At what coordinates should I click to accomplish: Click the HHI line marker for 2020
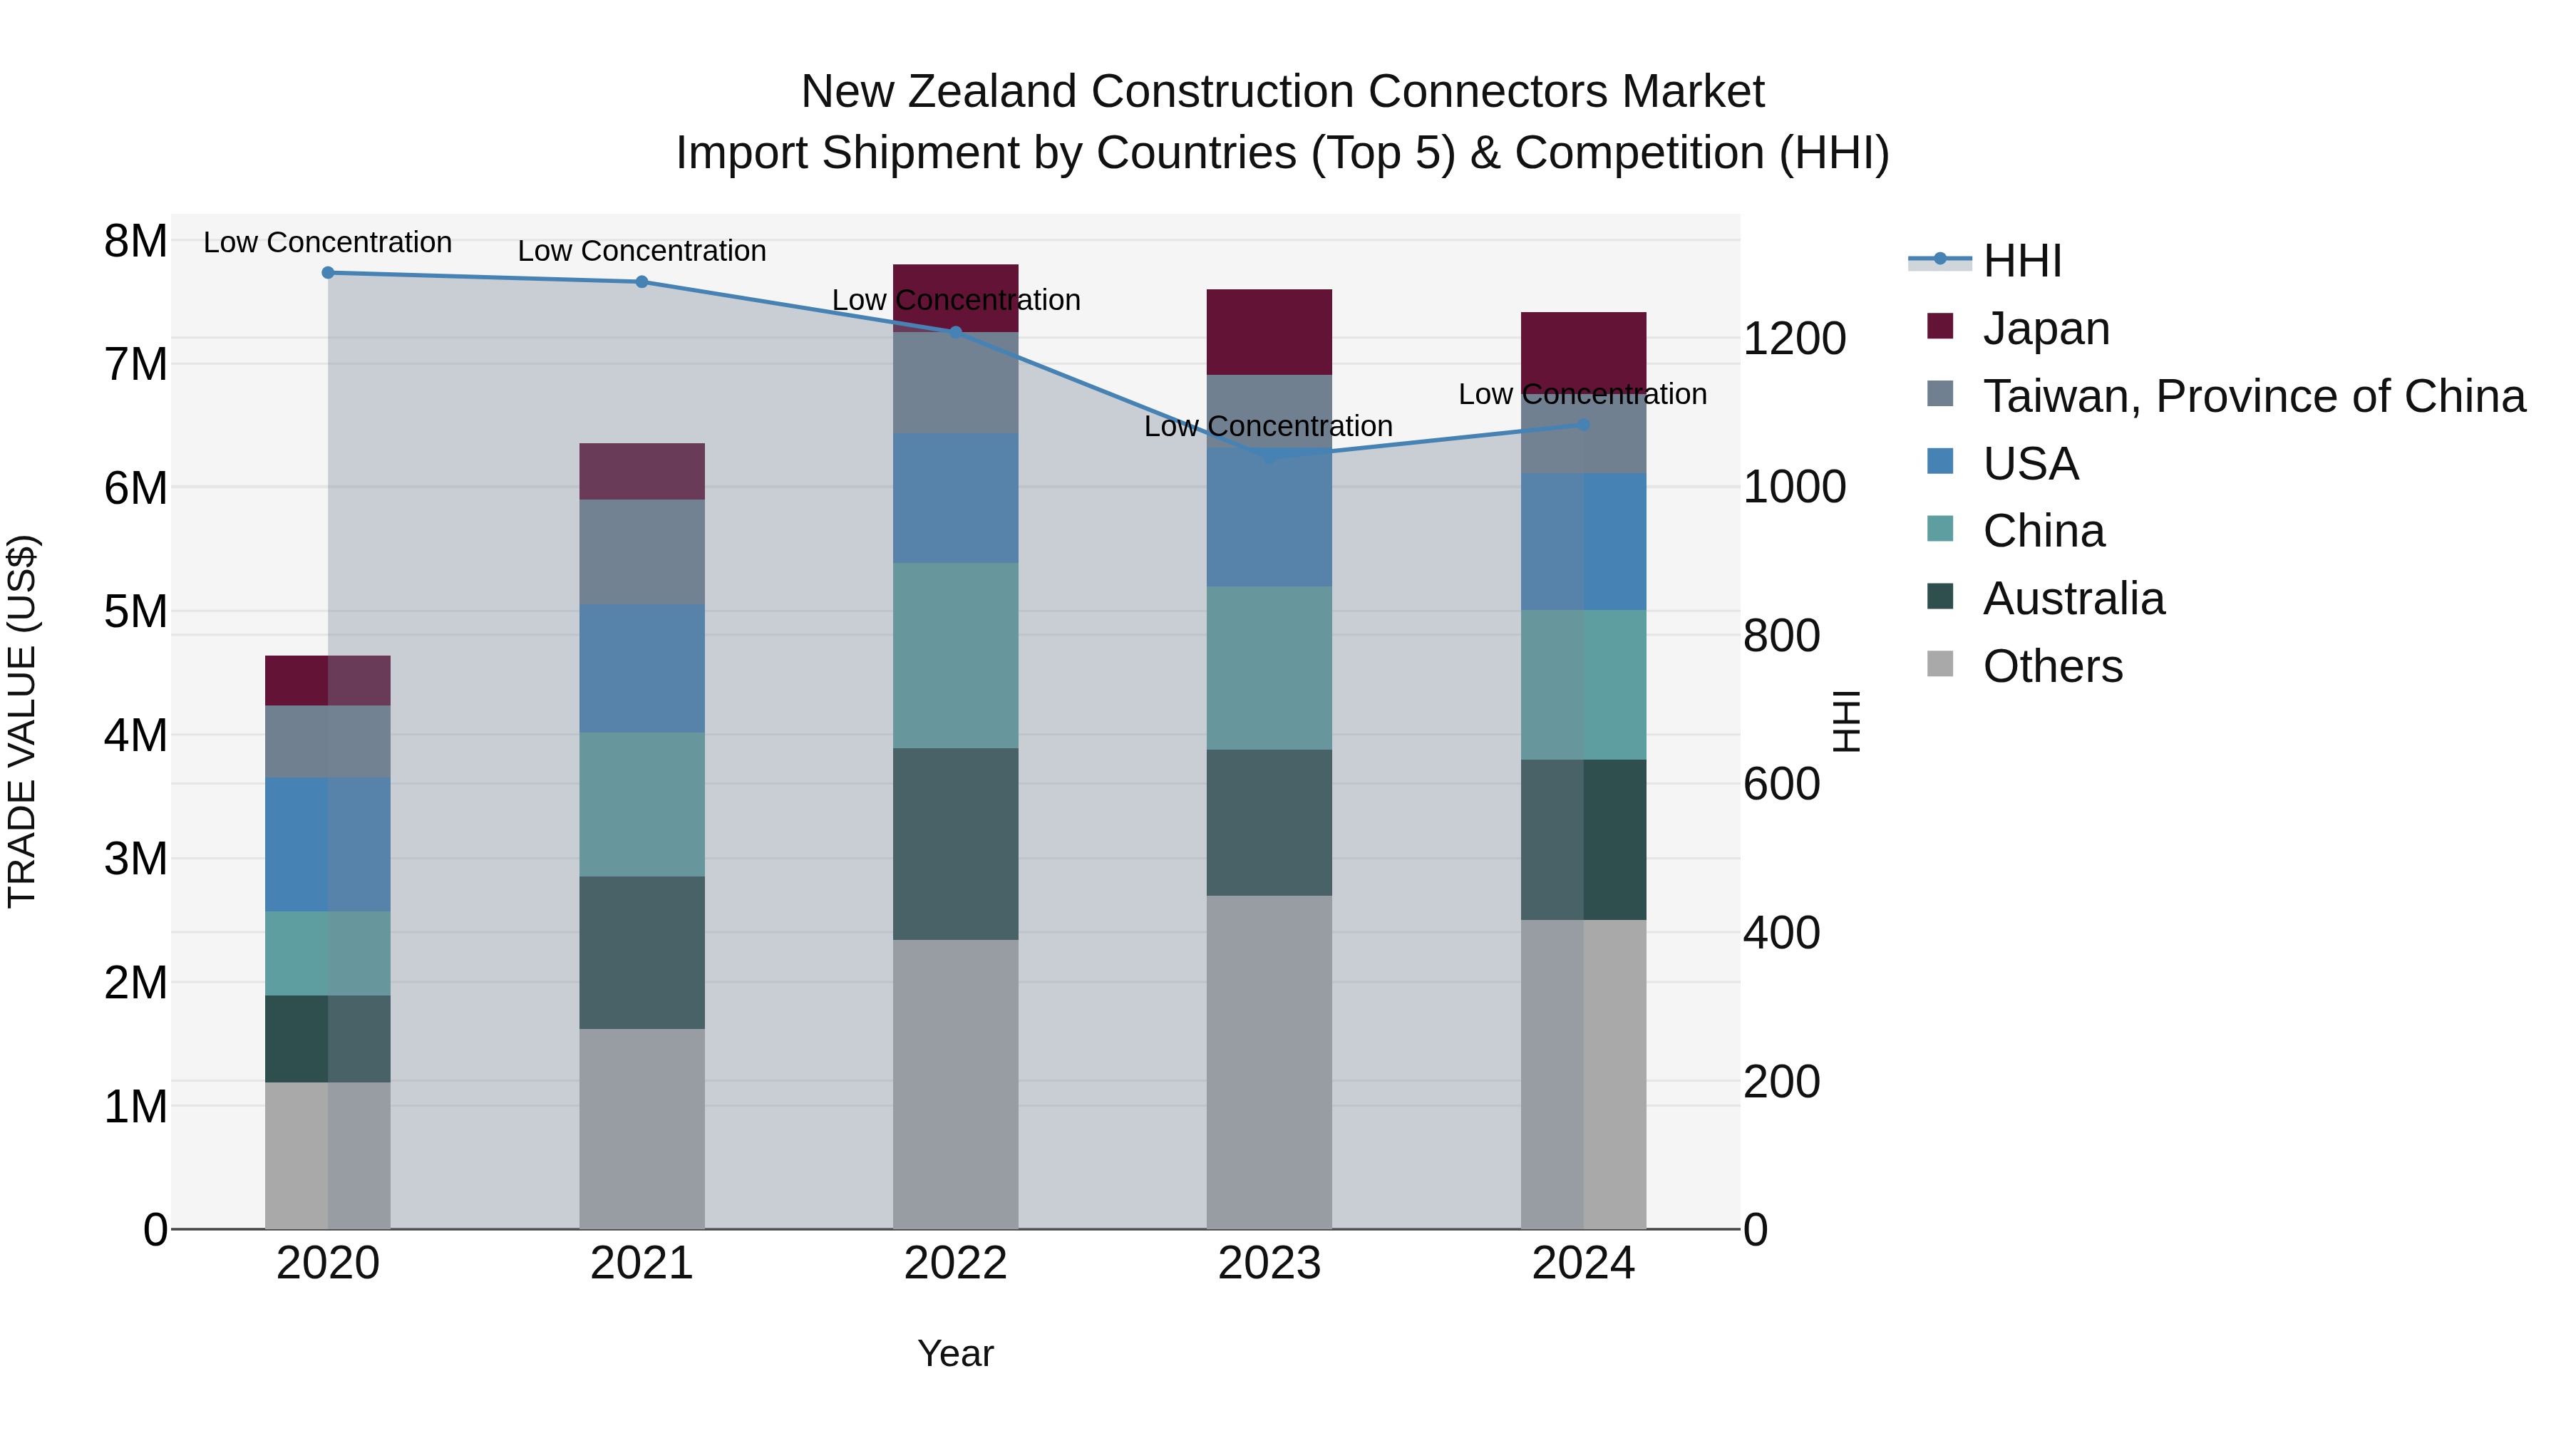click(328, 272)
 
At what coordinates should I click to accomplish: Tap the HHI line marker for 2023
click(1269, 457)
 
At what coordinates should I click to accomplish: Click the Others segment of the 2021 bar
click(641, 1128)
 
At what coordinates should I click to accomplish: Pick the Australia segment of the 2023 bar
click(1269, 822)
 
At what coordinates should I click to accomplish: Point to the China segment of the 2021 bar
click(641, 805)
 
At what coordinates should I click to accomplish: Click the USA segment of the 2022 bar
click(955, 498)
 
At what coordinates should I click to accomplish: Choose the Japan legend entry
click(2045, 329)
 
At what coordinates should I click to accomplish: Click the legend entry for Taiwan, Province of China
click(2253, 396)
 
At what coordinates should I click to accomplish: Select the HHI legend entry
click(2021, 261)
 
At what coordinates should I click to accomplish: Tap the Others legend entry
click(2052, 666)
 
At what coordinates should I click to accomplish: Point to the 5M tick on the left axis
click(135, 611)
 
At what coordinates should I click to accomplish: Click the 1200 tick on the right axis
click(1794, 338)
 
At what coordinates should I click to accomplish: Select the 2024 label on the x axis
click(1583, 1263)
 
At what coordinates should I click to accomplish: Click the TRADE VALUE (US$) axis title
click(22, 721)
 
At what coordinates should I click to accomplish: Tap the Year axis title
click(954, 1353)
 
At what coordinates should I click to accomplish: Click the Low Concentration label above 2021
click(641, 251)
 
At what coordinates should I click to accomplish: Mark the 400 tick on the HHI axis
click(1781, 933)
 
